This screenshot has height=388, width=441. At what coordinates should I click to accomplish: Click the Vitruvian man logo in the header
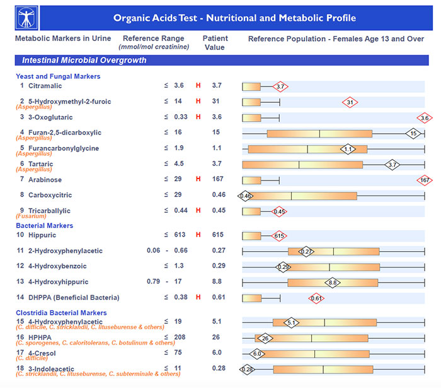[26, 18]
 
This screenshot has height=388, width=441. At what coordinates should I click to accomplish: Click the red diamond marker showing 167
[425, 180]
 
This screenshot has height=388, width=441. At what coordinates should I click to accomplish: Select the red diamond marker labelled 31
[350, 102]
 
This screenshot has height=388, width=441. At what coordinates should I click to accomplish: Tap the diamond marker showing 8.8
[333, 283]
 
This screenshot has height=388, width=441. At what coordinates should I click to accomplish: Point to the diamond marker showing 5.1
[291, 322]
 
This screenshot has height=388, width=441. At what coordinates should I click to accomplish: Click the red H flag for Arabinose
[198, 179]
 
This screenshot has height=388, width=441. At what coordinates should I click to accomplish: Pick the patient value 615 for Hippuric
[218, 235]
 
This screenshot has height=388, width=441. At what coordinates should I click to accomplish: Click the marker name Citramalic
[45, 86]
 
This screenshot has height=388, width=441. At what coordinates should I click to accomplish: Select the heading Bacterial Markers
[45, 225]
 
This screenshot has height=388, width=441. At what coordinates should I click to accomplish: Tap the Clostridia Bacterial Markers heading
[61, 313]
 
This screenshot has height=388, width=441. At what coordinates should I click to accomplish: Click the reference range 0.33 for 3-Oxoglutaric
[181, 117]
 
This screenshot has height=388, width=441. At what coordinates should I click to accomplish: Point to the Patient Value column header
[215, 43]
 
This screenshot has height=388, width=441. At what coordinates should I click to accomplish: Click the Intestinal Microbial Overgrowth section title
[84, 61]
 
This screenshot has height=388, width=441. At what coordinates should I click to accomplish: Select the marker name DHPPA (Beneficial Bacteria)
[74, 298]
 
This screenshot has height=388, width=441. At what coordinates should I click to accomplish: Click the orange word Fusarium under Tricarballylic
[31, 216]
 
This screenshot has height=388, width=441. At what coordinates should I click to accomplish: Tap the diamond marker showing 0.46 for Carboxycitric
[245, 196]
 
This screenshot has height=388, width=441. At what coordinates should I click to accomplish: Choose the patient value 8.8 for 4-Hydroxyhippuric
[217, 281]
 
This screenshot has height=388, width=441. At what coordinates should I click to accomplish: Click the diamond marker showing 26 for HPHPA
[265, 338]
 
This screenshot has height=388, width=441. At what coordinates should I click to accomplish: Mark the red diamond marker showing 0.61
[316, 298]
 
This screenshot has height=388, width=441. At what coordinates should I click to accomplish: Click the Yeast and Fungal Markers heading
[58, 76]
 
